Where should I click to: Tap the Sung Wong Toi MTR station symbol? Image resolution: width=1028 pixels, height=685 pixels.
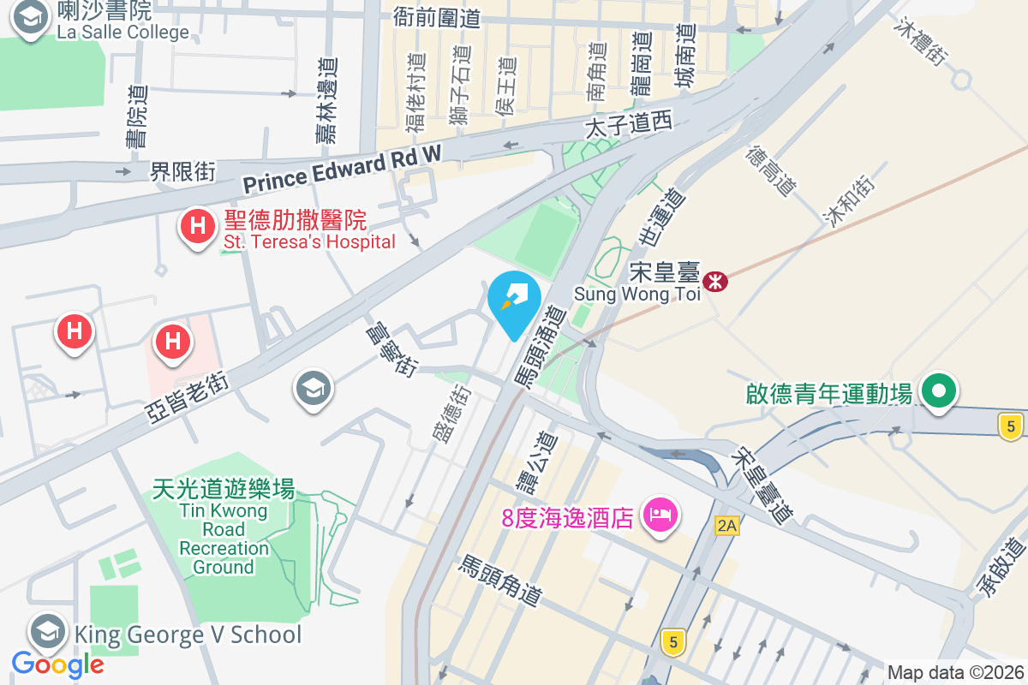(713, 280)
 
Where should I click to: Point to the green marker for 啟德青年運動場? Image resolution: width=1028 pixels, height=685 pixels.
(939, 392)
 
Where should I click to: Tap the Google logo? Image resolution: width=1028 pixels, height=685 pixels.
(57, 664)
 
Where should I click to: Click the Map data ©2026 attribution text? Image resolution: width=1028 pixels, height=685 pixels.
(954, 672)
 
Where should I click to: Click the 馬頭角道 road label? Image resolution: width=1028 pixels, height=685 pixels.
(501, 581)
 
